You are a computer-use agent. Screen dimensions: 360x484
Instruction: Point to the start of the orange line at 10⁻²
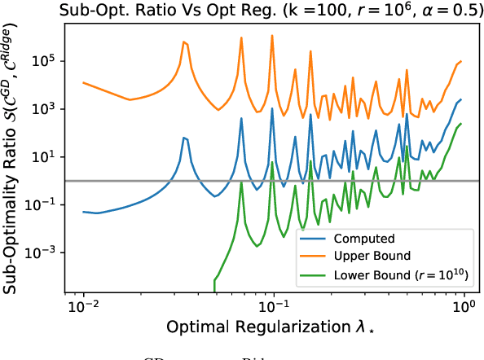84,82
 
